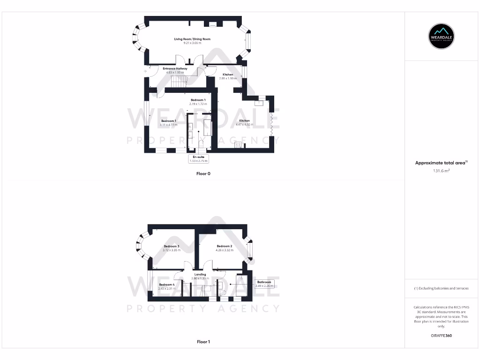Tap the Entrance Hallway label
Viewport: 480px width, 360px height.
tap(175, 68)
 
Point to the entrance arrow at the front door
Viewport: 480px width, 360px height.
tap(145, 71)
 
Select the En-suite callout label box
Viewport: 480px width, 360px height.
tap(199, 158)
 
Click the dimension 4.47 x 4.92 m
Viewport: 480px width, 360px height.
tap(244, 125)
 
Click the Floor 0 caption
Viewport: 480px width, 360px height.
tap(203, 173)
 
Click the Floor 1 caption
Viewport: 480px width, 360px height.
tap(203, 342)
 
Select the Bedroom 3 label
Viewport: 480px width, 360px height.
tap(172, 246)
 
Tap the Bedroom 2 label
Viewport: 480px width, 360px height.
tap(225, 246)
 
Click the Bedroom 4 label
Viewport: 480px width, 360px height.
tap(166, 285)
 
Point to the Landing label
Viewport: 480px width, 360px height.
tap(200, 275)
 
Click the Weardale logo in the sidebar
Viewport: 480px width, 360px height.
tap(442, 36)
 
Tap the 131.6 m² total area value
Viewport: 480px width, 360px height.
tap(441, 171)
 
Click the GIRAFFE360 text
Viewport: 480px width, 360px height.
tap(441, 336)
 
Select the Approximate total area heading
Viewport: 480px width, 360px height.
tap(441, 163)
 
